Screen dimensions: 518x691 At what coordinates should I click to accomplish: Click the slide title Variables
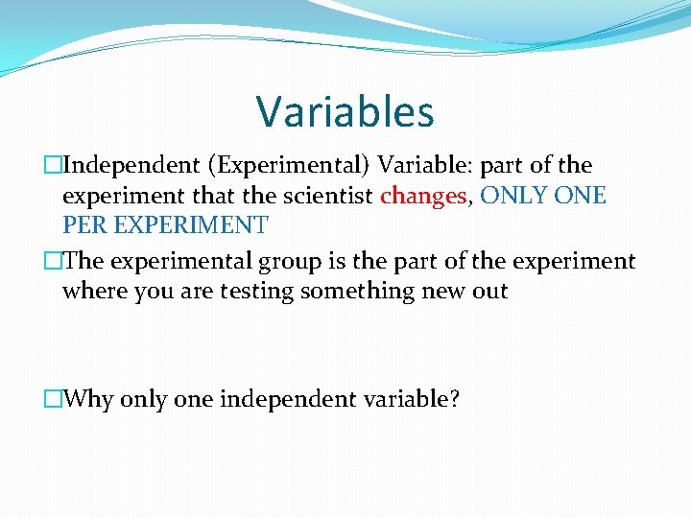pyautogui.click(x=345, y=111)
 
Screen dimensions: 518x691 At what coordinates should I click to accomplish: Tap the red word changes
pyautogui.click(x=423, y=197)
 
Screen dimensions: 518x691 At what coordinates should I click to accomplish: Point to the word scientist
pyautogui.click(x=325, y=197)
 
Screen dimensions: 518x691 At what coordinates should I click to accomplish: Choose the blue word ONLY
pyautogui.click(x=516, y=197)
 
